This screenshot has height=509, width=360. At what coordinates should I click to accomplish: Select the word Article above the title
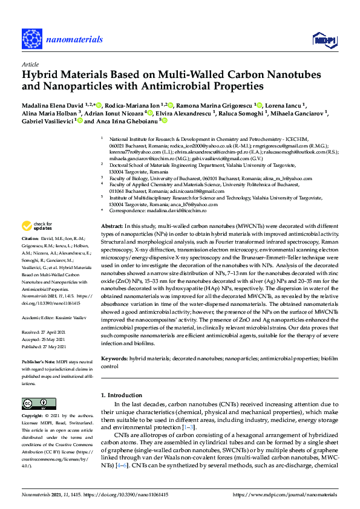pyautogui.click(x=30, y=63)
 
